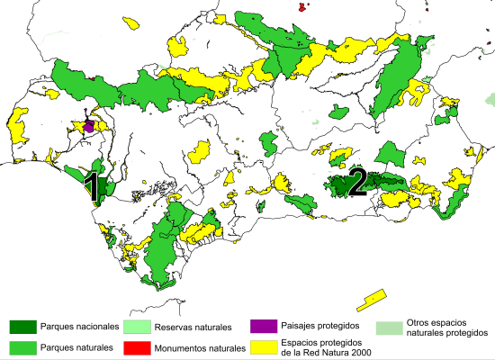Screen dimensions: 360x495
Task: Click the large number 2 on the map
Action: [357, 182]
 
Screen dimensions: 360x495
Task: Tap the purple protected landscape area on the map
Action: [88, 125]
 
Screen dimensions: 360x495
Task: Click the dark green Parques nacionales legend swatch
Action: [22, 326]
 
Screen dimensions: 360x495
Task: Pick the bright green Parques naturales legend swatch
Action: [22, 346]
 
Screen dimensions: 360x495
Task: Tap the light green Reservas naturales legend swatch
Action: [137, 326]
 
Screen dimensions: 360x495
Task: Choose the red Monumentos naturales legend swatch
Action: [137, 346]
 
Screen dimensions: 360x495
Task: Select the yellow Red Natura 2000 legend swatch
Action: [264, 346]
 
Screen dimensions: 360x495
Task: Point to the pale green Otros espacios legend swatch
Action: [389, 328]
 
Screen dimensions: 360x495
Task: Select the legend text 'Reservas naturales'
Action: [193, 326]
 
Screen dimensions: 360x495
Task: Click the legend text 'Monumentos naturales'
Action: [199, 346]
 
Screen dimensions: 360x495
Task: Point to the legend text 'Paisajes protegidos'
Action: [320, 325]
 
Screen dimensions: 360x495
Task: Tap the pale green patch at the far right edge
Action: [490, 97]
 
